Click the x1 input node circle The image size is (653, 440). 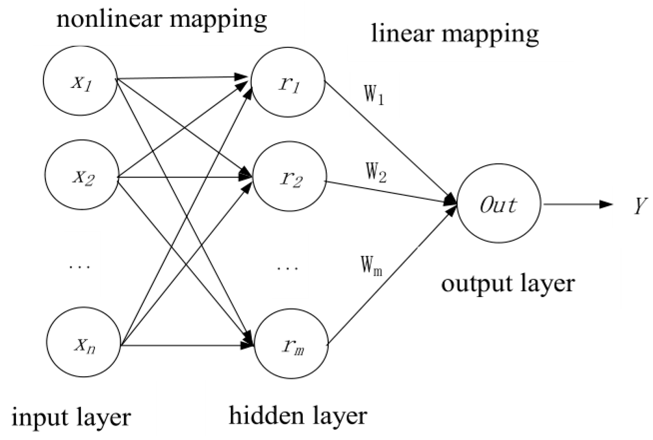(x=80, y=81)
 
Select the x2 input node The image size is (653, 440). (x=81, y=177)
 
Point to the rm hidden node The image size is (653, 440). (x=291, y=346)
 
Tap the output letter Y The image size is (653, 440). (x=640, y=205)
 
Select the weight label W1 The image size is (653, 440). (x=374, y=94)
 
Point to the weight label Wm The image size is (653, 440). (x=371, y=266)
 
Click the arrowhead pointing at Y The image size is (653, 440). (x=605, y=204)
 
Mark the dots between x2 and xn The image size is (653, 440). (x=80, y=267)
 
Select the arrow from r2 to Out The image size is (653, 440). (x=390, y=192)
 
